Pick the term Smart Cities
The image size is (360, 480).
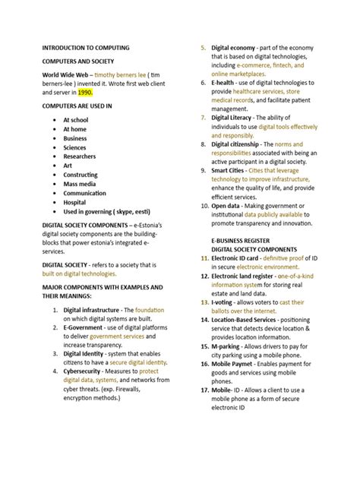click(x=234, y=170)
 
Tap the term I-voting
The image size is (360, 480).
click(x=226, y=302)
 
